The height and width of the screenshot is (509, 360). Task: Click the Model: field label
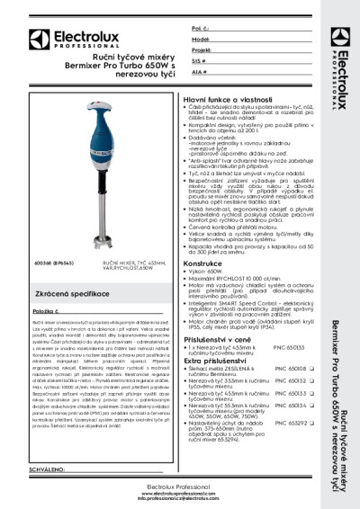202,40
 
